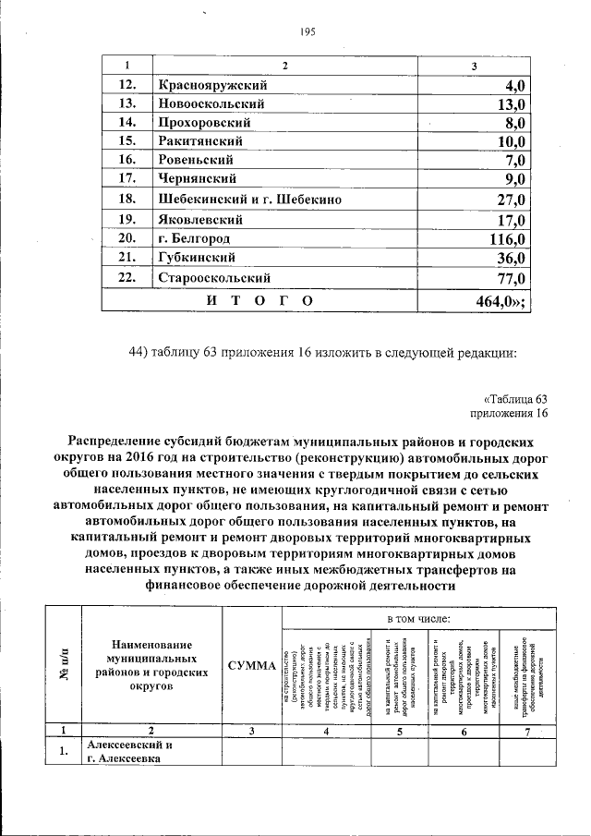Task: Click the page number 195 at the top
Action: (308, 32)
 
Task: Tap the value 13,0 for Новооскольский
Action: (509, 103)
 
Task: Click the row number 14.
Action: (127, 122)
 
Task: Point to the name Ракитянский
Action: (200, 141)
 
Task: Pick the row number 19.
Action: (127, 220)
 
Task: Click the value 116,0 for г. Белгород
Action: (505, 239)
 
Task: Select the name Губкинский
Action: (196, 258)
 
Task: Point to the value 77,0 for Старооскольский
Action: (509, 278)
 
